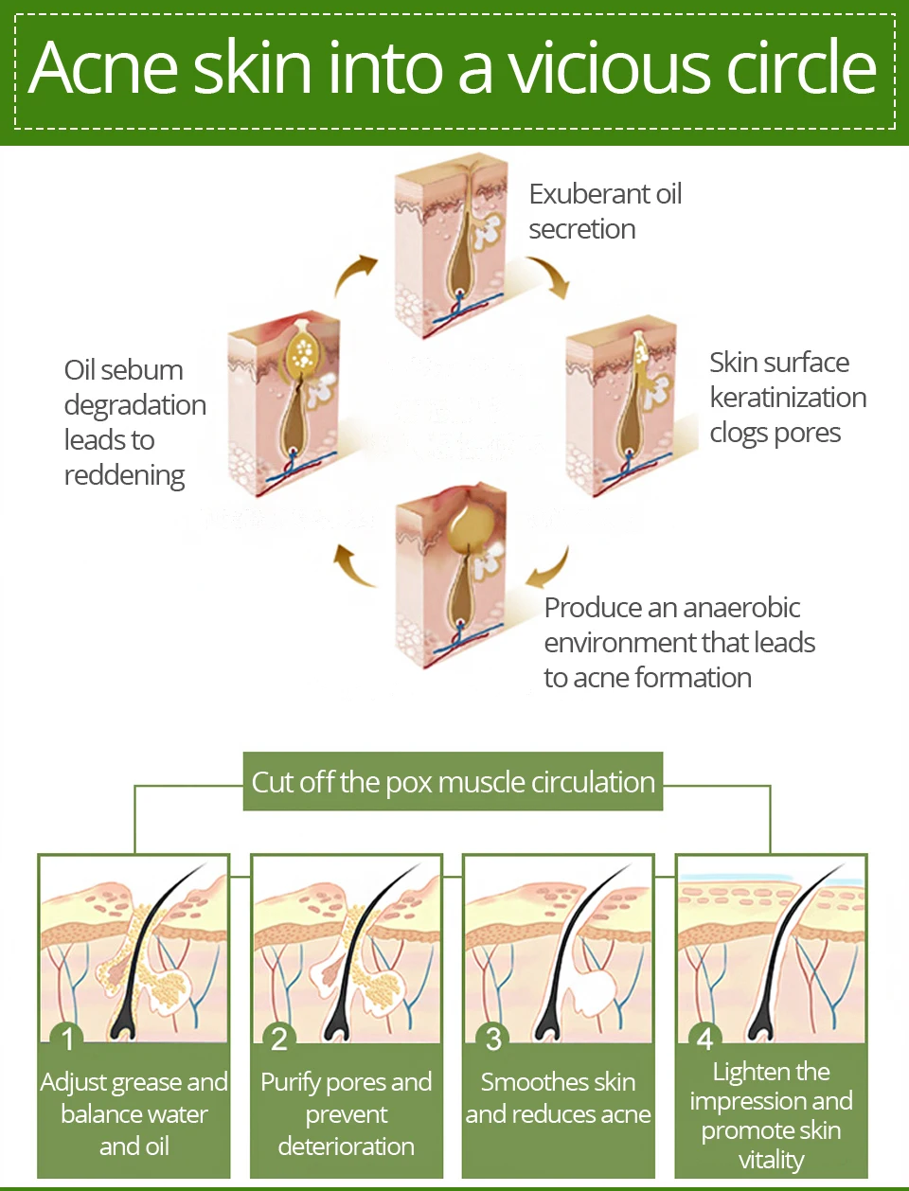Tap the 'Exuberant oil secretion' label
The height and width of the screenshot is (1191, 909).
tap(605, 212)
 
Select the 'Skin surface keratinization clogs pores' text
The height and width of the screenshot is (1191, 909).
tap(788, 398)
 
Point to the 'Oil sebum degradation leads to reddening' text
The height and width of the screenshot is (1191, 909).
tap(135, 422)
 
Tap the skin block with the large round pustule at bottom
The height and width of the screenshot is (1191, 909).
tap(452, 576)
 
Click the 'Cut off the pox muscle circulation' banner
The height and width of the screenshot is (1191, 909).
tap(454, 781)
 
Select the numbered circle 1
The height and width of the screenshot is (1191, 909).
tap(66, 1038)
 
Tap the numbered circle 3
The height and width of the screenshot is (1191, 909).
tap(492, 1038)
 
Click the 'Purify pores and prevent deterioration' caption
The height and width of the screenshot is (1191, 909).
tap(347, 1114)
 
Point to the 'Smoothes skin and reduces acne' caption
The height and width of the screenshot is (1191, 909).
tap(558, 1098)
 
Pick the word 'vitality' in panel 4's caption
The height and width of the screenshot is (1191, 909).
tap(771, 1161)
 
